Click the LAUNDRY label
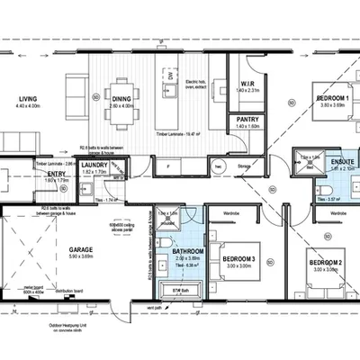pyautogui.click(x=94, y=165)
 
